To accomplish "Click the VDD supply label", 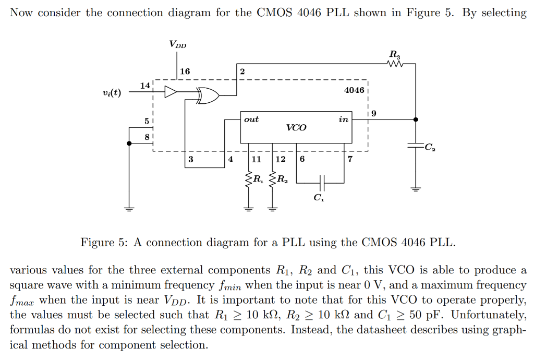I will coord(177,44).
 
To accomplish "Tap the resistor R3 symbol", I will coord(396,64).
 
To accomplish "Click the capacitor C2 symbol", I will coord(416,147).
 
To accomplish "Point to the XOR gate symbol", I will coord(207,95).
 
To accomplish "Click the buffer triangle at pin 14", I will coord(171,92).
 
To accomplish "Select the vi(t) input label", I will coord(112,93).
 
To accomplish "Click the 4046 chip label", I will coord(354,90).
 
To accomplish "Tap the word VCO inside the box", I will coord(296,127).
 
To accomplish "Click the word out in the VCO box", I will coord(251,119).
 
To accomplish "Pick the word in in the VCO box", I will coord(343,119).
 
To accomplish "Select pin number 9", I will coord(372,113).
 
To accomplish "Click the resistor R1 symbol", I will coord(249,180).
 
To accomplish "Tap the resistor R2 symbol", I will coord(272,180).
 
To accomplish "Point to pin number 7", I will coord(349,159).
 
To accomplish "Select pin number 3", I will coord(191,159).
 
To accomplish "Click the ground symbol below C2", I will coord(416,188).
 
